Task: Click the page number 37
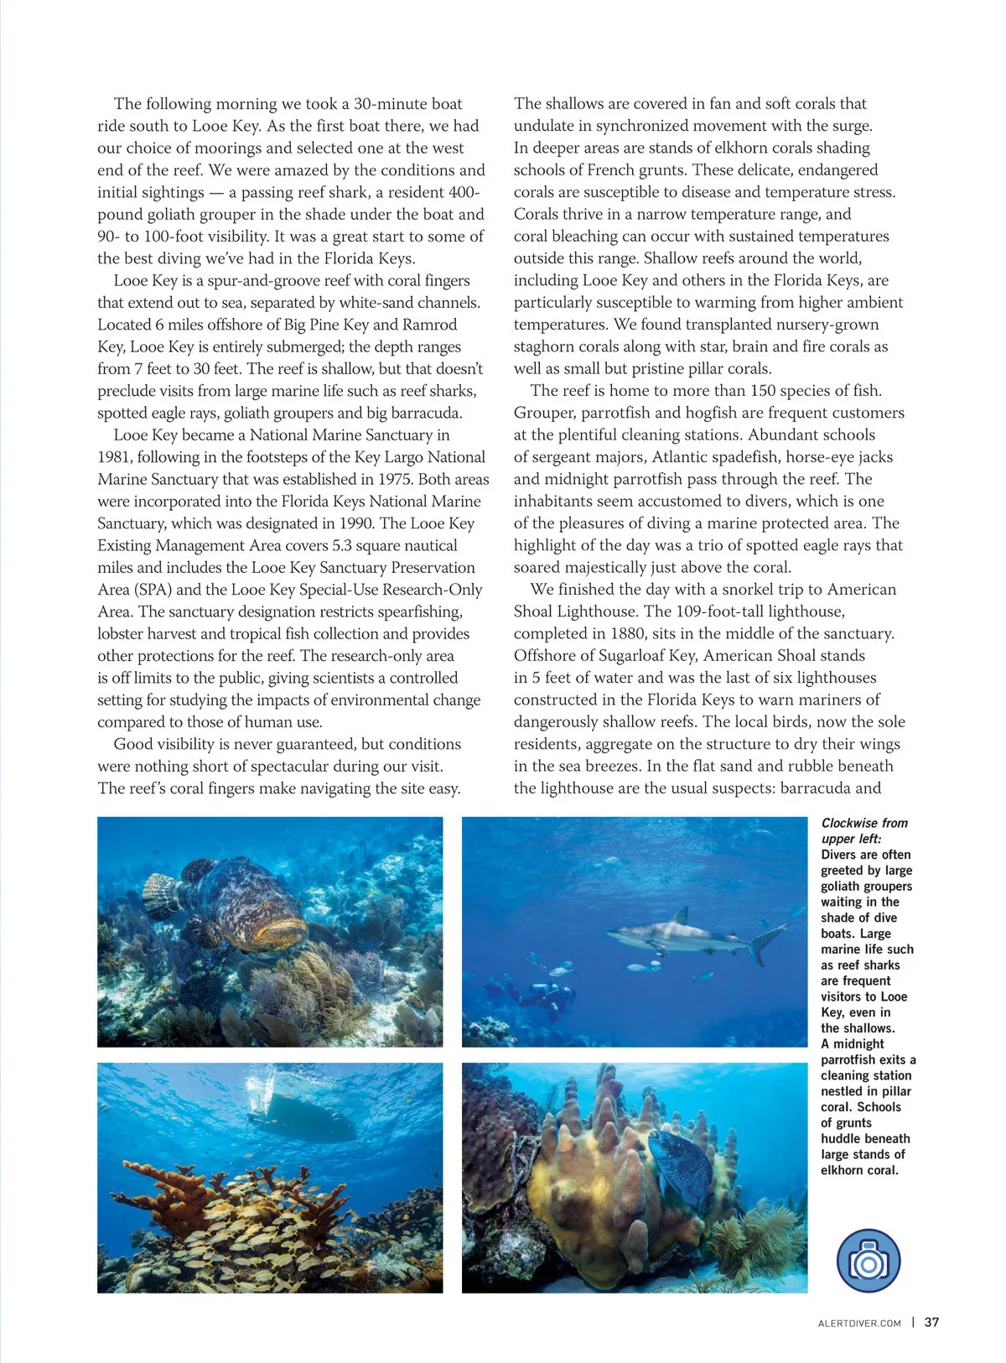click(931, 1323)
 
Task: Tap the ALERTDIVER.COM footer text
click(858, 1324)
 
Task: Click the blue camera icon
click(869, 1261)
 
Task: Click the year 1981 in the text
click(115, 457)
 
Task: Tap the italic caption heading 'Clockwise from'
click(864, 823)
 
